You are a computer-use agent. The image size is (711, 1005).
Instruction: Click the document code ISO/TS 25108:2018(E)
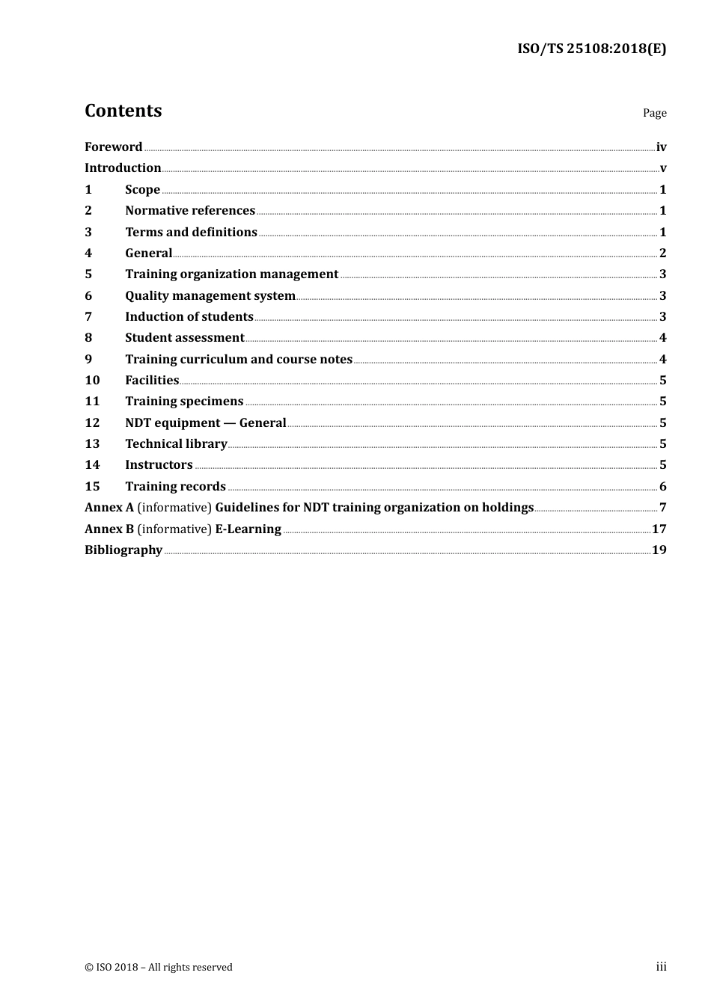click(x=591, y=49)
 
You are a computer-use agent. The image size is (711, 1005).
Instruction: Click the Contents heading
click(x=123, y=111)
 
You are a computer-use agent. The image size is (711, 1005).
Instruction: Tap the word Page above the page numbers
click(x=654, y=113)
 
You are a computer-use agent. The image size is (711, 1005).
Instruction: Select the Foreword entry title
click(x=113, y=147)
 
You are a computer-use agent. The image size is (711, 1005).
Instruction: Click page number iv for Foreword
click(x=661, y=147)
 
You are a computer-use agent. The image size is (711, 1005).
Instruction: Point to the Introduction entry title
click(x=123, y=168)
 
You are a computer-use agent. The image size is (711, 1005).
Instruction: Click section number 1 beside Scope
click(x=88, y=190)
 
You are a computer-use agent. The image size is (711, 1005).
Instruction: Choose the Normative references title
click(x=190, y=211)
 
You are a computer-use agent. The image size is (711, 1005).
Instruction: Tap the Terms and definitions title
click(x=191, y=233)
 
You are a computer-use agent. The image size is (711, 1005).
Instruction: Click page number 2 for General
click(x=662, y=253)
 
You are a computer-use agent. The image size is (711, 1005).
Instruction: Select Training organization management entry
click(x=231, y=274)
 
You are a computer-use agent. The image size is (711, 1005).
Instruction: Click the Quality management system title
click(x=210, y=296)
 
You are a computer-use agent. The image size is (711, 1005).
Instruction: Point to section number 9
click(x=88, y=360)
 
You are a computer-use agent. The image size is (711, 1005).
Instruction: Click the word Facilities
click(x=152, y=381)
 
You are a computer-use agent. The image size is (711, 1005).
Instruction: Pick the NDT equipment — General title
click(x=205, y=423)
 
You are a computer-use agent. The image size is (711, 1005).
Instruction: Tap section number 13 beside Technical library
click(x=92, y=444)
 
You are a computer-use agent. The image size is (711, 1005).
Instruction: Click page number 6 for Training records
click(x=662, y=487)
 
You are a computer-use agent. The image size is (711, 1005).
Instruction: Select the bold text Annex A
click(x=109, y=508)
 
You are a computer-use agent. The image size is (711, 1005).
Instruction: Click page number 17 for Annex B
click(x=659, y=529)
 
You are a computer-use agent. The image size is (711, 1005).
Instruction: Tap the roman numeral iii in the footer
click(x=661, y=967)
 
